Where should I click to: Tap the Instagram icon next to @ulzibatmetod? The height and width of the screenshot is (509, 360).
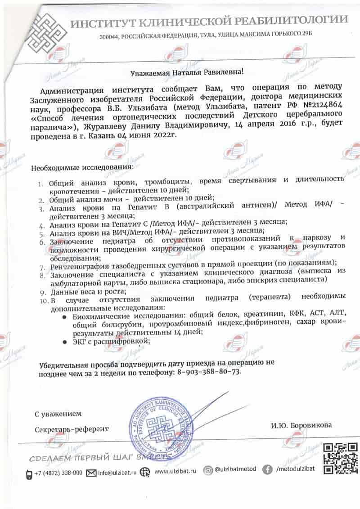[x=208, y=470]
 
